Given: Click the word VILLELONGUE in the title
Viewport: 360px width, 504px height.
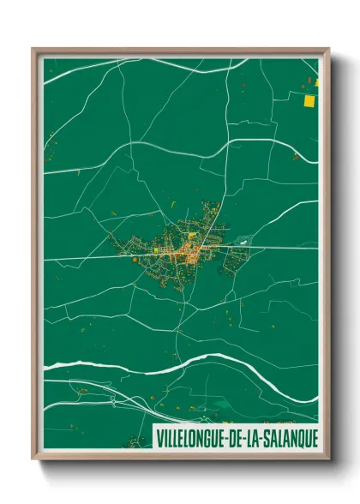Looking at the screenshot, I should click(189, 437).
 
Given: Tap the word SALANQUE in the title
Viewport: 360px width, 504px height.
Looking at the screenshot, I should click(287, 437).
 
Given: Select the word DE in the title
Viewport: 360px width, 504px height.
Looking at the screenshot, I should click(233, 437).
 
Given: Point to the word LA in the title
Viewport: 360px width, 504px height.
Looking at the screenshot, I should click(252, 437).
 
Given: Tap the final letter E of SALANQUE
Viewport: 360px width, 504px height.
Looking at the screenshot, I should click(314, 437).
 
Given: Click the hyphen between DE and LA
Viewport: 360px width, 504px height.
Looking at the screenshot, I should click(243, 437).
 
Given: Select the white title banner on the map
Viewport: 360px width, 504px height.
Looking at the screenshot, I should click(237, 437).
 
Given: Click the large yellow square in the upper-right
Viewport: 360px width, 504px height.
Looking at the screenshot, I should click(309, 101).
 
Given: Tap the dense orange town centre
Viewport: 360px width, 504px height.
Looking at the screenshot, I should click(199, 249).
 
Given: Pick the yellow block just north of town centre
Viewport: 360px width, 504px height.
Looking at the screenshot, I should click(192, 234).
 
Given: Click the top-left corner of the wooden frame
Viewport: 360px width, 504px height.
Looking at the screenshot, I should click(34, 50).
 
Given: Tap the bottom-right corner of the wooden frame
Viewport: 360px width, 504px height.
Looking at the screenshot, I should click(328, 458).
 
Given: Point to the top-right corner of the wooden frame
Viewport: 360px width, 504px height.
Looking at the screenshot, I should click(328, 50).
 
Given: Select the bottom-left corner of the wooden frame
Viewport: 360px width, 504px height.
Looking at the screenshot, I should click(34, 458).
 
